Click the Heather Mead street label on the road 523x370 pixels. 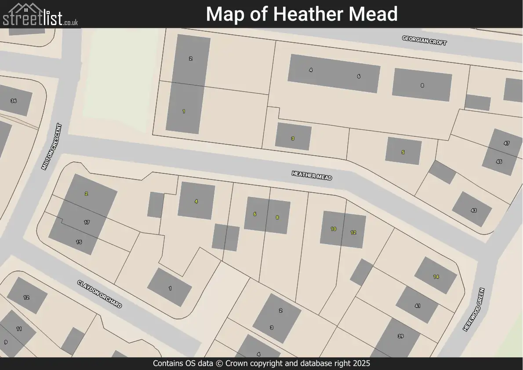click(312, 175)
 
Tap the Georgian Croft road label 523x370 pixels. click(424, 40)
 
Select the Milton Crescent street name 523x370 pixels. click(51, 147)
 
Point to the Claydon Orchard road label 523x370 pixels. click(99, 294)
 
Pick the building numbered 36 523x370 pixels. click(14, 101)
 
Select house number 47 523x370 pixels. click(507, 143)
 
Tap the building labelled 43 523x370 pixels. click(473, 210)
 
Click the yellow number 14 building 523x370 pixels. click(436, 276)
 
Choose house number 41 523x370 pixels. click(417, 305)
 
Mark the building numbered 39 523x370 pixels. click(400, 336)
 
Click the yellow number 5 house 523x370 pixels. click(403, 152)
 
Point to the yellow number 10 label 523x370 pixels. click(334, 229)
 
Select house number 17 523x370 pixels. click(87, 222)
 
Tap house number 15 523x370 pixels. click(79, 242)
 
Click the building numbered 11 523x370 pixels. click(19, 329)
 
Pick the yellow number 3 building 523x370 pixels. click(293, 138)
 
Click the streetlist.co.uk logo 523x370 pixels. click(40, 15)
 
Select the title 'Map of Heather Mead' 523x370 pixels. click(301, 14)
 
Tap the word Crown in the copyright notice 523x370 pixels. click(253, 363)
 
